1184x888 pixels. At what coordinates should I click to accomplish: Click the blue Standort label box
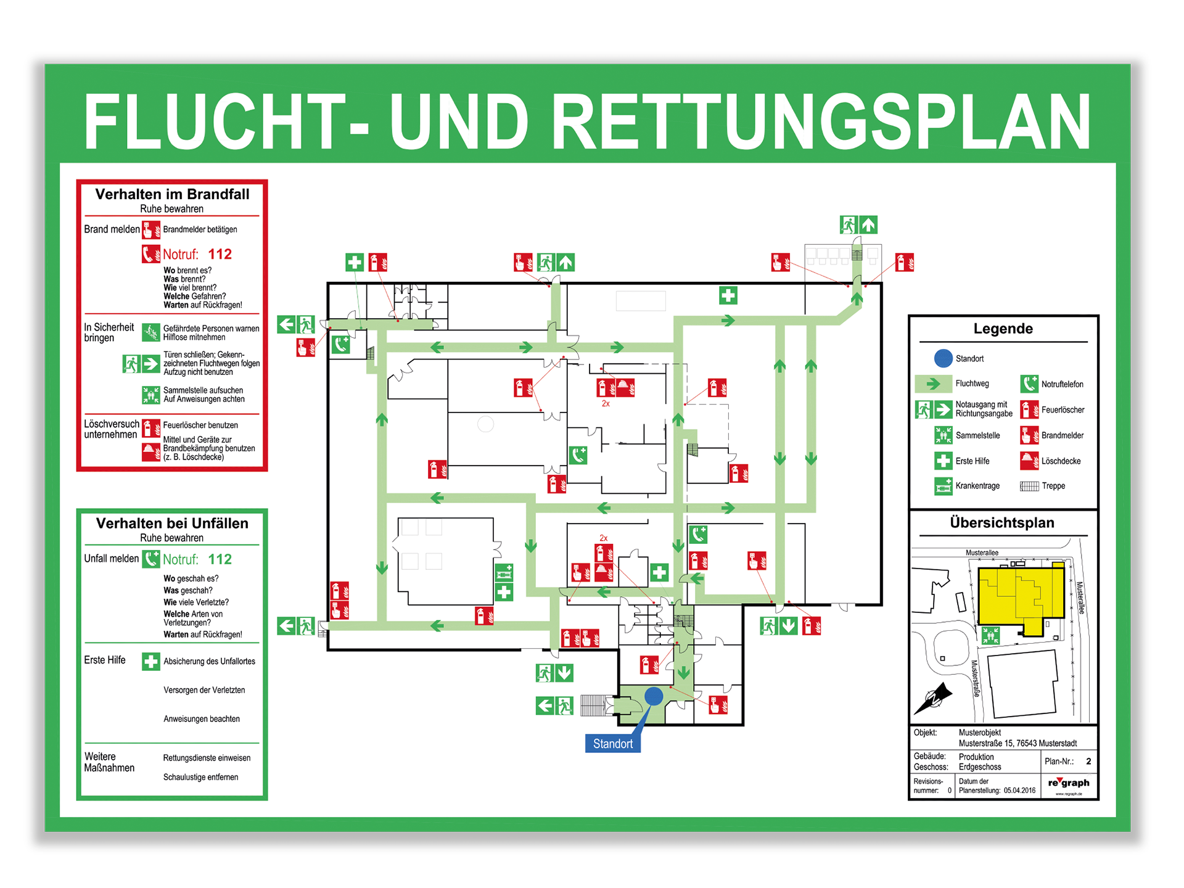coord(612,743)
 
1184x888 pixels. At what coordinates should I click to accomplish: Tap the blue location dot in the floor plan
coord(654,696)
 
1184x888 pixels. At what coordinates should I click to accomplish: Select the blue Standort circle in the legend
coord(943,358)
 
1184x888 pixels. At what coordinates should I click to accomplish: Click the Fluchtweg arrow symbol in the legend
coord(934,384)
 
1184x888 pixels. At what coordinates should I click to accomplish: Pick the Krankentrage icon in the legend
coord(943,486)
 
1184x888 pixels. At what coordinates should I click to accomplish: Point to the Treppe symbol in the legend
coord(1029,486)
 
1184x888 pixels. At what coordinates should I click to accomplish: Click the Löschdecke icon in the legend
coord(1029,461)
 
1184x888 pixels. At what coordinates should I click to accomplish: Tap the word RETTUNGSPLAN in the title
coord(820,121)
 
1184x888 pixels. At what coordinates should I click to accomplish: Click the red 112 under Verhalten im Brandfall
coord(220,254)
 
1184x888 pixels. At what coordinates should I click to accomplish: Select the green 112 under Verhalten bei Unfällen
coord(220,559)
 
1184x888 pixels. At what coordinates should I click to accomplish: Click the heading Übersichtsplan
coord(1002,523)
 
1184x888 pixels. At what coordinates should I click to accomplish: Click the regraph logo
coord(1069,783)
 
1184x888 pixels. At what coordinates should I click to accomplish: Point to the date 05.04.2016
coord(1019,791)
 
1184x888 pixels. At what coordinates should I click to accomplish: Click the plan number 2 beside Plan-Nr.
coord(1088,761)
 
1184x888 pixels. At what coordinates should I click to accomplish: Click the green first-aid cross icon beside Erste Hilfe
coord(150,661)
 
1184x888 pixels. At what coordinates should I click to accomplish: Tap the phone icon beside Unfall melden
coord(151,559)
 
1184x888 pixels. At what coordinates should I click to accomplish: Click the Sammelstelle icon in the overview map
coord(990,635)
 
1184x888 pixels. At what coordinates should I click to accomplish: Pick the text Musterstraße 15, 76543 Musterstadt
coord(1017,743)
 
